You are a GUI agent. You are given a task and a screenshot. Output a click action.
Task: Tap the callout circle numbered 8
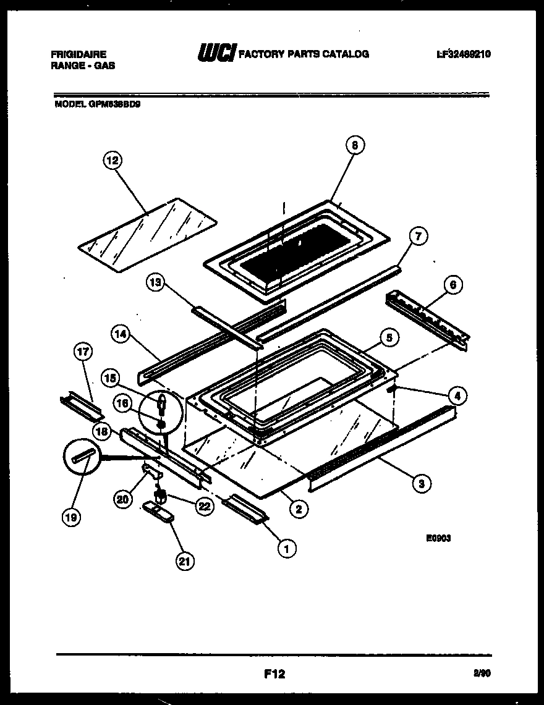point(354,146)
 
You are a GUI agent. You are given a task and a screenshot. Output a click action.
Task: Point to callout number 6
point(453,285)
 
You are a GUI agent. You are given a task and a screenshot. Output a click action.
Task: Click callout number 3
point(421,484)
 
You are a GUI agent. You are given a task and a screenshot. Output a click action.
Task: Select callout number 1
point(286,547)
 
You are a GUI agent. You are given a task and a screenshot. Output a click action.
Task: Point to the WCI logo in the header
point(216,54)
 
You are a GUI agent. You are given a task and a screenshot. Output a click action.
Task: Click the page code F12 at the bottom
point(273,673)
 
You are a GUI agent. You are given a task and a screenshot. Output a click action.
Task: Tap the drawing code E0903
point(438,538)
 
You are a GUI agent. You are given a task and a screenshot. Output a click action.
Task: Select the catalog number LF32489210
point(464,54)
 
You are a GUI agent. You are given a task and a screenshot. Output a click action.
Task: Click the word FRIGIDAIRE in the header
point(79,54)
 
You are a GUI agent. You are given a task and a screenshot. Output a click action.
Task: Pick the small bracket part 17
point(82,407)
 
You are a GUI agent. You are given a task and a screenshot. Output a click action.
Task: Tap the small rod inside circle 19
point(83,456)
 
